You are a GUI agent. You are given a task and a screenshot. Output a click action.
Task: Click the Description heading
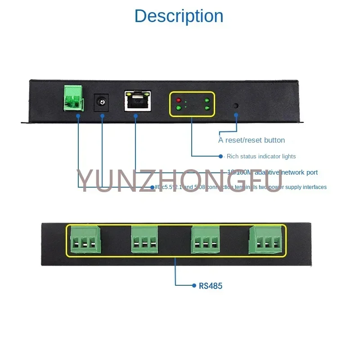click(x=179, y=16)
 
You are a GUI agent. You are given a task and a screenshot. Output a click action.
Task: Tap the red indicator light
click(x=179, y=100)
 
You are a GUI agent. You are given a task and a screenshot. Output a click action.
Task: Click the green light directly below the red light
click(x=179, y=108)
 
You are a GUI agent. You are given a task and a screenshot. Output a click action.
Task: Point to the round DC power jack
click(x=102, y=103)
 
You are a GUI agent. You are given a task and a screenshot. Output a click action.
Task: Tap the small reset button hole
click(x=235, y=106)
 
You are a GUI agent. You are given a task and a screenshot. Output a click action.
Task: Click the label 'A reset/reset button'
click(x=252, y=140)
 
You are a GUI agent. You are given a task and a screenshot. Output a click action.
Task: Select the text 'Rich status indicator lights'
click(x=261, y=157)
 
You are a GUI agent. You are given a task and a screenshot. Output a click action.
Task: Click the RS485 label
click(x=211, y=285)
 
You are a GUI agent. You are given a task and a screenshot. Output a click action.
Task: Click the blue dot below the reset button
click(x=236, y=115)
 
